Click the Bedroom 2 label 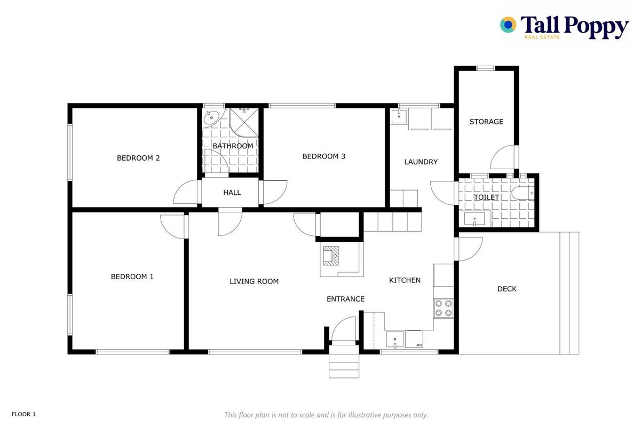tap(138, 158)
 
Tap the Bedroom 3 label tap(323, 156)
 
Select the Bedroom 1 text tap(132, 276)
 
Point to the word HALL tap(232, 193)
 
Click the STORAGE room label tap(486, 122)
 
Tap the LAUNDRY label tap(421, 162)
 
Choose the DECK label tap(507, 289)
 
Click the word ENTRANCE tap(345, 299)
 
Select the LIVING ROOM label tap(254, 282)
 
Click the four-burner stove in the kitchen tap(444, 308)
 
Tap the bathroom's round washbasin tap(211, 117)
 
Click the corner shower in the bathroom tap(244, 122)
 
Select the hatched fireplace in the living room tap(331, 256)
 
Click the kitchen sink tap(394, 339)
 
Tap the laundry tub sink tap(399, 116)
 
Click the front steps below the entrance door tap(344, 361)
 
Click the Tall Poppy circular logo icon tap(508, 25)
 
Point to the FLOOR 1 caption tap(24, 414)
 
